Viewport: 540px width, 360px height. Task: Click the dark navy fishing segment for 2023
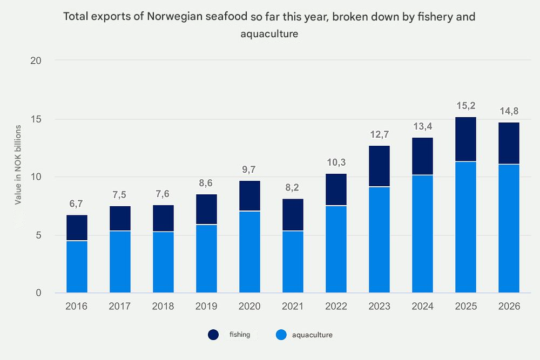(x=379, y=166)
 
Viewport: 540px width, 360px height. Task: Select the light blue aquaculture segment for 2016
(x=77, y=267)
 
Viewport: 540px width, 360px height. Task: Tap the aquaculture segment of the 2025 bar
(x=465, y=227)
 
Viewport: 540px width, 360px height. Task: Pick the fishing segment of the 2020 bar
(x=249, y=196)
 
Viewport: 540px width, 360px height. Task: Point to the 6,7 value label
(x=77, y=203)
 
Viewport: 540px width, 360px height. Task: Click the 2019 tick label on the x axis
(x=206, y=307)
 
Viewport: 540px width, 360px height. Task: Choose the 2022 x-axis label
(x=336, y=307)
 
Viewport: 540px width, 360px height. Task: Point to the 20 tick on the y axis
(x=36, y=60)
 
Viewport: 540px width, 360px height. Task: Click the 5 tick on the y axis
(x=38, y=235)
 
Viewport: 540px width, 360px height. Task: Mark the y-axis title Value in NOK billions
(x=18, y=164)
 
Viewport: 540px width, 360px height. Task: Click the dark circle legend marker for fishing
(x=214, y=335)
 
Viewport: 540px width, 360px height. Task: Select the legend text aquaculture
(x=312, y=335)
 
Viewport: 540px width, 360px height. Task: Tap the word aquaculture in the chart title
(x=269, y=35)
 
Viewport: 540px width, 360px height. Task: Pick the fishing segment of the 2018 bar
(x=163, y=218)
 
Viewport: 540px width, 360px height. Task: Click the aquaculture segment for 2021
(x=293, y=262)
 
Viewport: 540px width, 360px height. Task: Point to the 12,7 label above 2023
(x=379, y=134)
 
